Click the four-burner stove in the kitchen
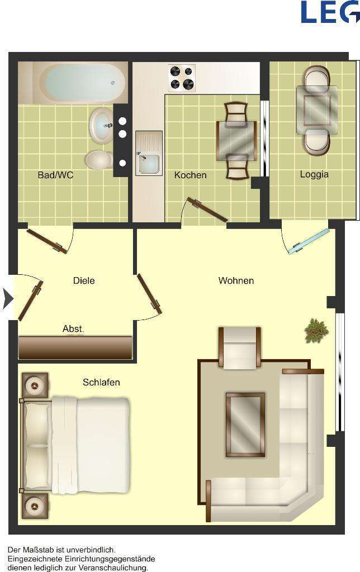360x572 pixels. [x=182, y=78]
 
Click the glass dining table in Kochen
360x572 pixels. [x=236, y=140]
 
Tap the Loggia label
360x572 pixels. [x=314, y=174]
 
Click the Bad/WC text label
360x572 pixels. [x=55, y=175]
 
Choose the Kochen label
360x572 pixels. [x=190, y=175]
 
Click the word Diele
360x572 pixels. [x=84, y=280]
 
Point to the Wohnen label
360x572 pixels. [x=236, y=280]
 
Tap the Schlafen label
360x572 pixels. [x=101, y=382]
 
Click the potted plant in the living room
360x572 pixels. [x=316, y=330]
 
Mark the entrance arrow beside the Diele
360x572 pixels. [x=7, y=299]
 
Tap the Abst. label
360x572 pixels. [x=73, y=329]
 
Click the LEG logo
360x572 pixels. [x=330, y=12]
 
